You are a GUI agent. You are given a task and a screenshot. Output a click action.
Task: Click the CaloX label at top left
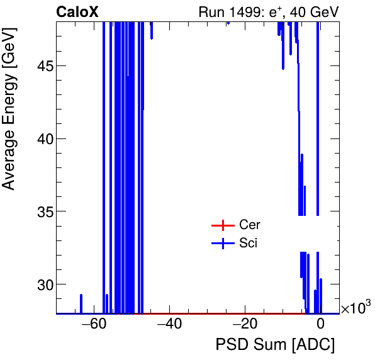(77, 11)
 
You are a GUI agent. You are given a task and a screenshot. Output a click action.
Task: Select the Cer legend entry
(249, 225)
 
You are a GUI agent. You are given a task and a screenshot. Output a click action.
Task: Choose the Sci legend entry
(248, 244)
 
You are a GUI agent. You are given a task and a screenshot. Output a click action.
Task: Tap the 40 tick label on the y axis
(42, 138)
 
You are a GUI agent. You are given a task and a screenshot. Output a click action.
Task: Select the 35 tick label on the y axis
(42, 211)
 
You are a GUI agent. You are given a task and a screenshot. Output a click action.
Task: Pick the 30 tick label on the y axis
(42, 284)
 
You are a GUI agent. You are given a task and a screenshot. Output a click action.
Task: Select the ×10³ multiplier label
(355, 308)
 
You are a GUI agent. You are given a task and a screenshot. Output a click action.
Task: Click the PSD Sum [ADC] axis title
(275, 345)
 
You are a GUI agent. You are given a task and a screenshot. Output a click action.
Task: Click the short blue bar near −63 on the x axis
(81, 303)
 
